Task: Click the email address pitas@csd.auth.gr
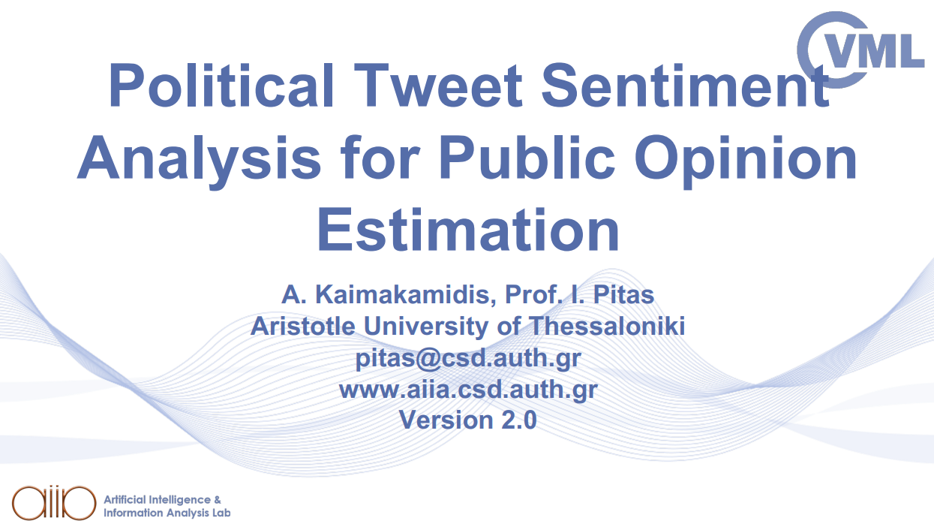(x=467, y=358)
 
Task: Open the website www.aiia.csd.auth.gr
(x=467, y=389)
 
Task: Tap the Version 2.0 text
(x=467, y=420)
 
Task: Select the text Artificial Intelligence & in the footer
(x=162, y=499)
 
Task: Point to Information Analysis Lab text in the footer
(x=167, y=513)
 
